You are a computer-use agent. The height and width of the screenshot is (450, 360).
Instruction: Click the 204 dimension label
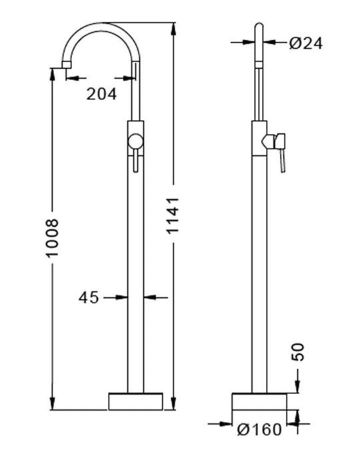101,94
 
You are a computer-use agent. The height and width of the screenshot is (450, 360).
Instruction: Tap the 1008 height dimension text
53,238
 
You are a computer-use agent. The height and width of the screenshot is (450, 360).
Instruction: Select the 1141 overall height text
173,215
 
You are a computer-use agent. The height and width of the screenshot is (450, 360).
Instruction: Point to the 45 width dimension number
89,297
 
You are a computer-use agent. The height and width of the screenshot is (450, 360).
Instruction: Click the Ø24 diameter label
306,43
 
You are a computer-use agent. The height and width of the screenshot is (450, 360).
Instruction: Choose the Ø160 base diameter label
259,429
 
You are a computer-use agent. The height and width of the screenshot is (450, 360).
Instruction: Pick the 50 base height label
297,352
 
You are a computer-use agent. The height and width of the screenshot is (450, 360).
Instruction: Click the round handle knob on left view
135,142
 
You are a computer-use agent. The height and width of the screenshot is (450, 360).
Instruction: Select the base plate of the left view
135,401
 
